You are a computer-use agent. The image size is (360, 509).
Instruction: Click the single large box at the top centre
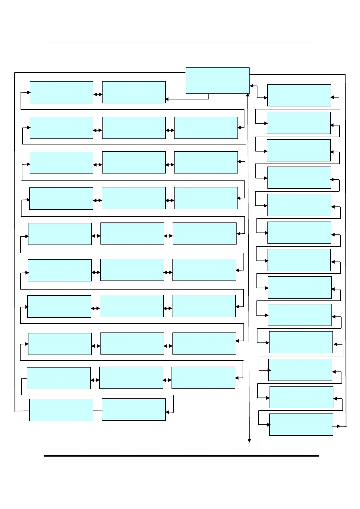(x=218, y=80)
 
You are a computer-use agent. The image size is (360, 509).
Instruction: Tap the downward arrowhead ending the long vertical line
(x=249, y=441)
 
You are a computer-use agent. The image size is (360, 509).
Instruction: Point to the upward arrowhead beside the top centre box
(x=248, y=95)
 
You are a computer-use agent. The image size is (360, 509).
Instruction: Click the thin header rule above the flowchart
(x=179, y=43)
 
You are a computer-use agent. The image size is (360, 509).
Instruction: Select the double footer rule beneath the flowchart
(x=181, y=456)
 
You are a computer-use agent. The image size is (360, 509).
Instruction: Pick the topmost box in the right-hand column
(x=299, y=95)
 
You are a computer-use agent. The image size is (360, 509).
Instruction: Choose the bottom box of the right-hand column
(x=301, y=424)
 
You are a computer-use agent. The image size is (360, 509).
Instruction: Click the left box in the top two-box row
(x=61, y=92)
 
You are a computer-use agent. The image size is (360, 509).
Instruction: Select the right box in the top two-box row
(x=134, y=92)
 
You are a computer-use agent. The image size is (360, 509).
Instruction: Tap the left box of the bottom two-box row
(x=61, y=410)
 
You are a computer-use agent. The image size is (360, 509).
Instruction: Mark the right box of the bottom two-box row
(x=134, y=410)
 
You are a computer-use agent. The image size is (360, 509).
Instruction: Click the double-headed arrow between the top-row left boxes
(x=98, y=94)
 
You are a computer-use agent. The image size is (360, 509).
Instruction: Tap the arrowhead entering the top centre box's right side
(x=251, y=86)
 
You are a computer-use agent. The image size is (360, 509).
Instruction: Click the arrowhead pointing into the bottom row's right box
(x=167, y=412)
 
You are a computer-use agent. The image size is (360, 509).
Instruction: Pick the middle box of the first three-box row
(x=134, y=128)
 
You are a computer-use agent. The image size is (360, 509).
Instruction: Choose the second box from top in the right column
(x=299, y=123)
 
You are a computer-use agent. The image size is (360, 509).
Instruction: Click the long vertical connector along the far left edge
(x=15, y=242)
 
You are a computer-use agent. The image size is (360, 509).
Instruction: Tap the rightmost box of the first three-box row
(x=206, y=128)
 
